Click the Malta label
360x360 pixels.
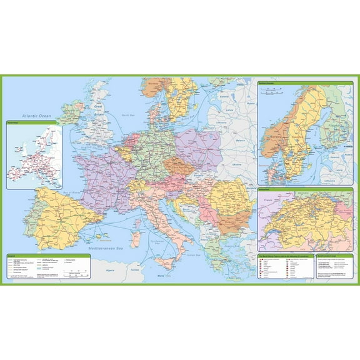point(160,275)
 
